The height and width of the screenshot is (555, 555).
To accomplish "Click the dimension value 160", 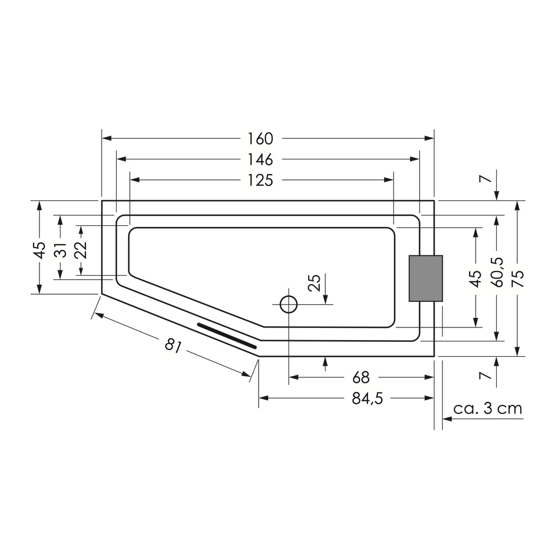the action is (260, 139).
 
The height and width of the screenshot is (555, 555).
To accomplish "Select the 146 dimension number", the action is (260, 160).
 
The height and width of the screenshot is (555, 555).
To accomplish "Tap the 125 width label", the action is (260, 180).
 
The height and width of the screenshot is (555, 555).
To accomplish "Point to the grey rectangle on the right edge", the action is (426, 278).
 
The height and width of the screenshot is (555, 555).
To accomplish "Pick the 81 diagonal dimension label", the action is (173, 345).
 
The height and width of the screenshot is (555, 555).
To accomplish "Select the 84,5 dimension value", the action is (367, 399).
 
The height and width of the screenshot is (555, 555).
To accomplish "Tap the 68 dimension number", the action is (361, 377).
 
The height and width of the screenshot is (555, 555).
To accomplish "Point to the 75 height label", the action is (517, 278).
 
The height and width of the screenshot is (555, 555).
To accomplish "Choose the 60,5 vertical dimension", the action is (497, 272).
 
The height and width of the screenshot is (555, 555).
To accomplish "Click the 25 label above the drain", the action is (314, 282).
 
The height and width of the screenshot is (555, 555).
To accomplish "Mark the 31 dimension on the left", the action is (61, 250).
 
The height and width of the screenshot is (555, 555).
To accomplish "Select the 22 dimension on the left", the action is (80, 250).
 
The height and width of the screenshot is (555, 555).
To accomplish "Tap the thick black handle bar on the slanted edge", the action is (227, 335).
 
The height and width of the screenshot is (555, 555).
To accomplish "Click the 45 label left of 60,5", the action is (476, 278).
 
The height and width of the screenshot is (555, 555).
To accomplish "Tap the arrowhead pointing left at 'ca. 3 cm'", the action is (447, 418).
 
